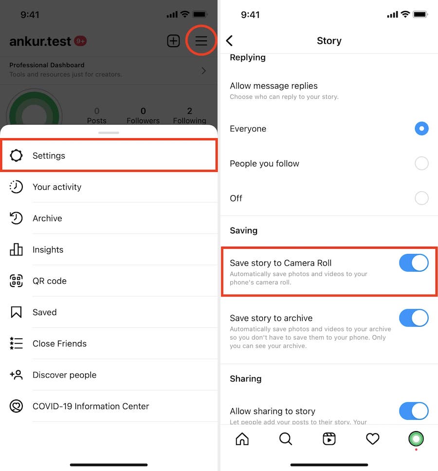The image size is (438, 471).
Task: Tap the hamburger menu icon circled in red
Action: (x=201, y=40)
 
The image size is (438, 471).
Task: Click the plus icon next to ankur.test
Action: (x=173, y=41)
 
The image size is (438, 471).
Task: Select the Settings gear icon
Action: (x=16, y=155)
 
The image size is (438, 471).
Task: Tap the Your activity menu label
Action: (x=57, y=187)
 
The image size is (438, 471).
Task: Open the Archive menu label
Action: (x=47, y=218)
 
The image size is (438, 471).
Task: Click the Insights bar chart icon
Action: (x=16, y=249)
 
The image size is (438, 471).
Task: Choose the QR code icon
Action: (x=16, y=281)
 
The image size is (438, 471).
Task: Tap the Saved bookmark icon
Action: (x=16, y=312)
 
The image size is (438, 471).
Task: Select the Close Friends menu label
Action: (x=59, y=344)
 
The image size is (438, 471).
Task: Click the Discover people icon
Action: (x=16, y=375)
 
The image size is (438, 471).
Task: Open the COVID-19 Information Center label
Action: (x=91, y=406)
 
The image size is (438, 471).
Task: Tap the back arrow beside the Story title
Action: (x=230, y=40)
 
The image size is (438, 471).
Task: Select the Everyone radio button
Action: (x=421, y=128)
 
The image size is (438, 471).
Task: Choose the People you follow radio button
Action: (x=421, y=163)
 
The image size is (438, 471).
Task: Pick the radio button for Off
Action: (x=421, y=198)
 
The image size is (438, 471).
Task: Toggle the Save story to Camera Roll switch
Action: (x=414, y=263)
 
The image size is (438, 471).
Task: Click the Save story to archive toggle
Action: (x=414, y=318)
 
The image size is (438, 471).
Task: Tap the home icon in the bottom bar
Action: (x=242, y=439)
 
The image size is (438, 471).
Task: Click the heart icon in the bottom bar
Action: (x=372, y=439)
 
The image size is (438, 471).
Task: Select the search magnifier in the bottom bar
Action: (x=286, y=439)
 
